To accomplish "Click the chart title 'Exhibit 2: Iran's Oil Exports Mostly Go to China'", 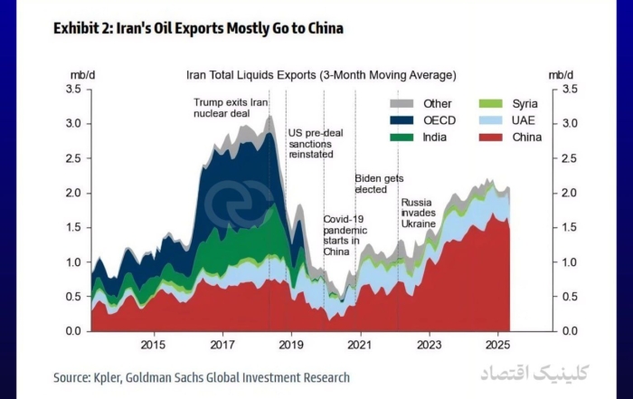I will [x=198, y=29].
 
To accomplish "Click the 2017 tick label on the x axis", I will [x=222, y=345].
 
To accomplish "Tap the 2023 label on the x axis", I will [x=430, y=345].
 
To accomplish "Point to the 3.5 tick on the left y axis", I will [x=74, y=90].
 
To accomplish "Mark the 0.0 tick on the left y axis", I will [x=74, y=331].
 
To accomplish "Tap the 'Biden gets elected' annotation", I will [x=379, y=185].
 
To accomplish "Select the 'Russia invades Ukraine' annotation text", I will [x=419, y=213].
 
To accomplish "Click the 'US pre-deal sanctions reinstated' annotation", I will [x=310, y=144].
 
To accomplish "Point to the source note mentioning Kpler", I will [x=201, y=376].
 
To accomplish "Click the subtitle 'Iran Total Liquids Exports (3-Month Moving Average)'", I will [x=320, y=75].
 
